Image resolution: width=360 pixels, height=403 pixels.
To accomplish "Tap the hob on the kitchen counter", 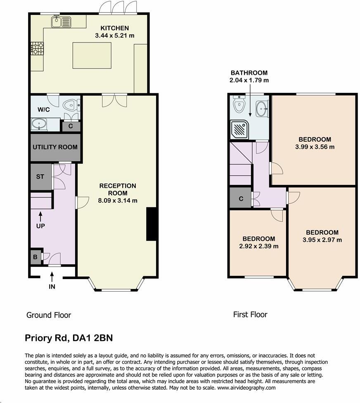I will [36, 49].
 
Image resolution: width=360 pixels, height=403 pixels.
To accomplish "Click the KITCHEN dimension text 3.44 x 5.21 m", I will [115, 36].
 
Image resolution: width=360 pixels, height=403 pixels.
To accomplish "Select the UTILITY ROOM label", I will [55, 147].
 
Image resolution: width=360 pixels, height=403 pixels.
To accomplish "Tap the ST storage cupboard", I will [40, 177].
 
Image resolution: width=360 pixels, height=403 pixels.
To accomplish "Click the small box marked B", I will [35, 257].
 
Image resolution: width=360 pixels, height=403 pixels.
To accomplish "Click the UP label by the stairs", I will [40, 226].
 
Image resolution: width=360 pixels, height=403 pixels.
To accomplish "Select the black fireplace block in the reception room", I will [152, 224].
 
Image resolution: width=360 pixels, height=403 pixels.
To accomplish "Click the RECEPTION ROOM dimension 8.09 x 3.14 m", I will [118, 201].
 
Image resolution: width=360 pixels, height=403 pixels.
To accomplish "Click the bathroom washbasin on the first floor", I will [261, 109].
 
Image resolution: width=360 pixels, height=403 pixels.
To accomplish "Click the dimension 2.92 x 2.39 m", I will [258, 246].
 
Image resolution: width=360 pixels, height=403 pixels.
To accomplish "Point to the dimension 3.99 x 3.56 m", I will [315, 147].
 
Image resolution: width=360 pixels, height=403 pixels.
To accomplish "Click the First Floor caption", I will [250, 315].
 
